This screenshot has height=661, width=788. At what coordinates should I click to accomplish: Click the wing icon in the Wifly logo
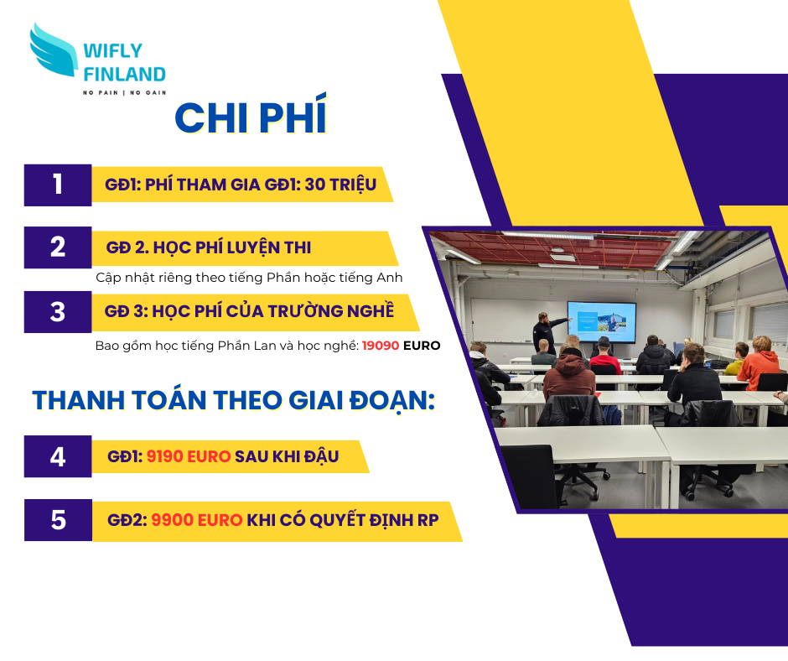(54, 50)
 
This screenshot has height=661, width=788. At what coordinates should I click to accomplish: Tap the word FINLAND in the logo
(124, 75)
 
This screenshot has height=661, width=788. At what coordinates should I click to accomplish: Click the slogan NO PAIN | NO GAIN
(125, 92)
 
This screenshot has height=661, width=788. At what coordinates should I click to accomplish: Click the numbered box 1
(58, 185)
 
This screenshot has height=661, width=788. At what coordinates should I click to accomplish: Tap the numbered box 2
(58, 247)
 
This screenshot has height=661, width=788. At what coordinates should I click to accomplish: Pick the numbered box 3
(58, 312)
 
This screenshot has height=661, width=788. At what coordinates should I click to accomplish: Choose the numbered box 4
(58, 456)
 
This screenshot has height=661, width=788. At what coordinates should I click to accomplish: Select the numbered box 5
(59, 520)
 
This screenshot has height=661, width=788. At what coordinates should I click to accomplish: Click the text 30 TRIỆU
(340, 185)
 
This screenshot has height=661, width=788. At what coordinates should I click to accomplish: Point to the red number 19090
(381, 346)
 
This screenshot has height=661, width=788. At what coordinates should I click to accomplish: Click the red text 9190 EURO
(189, 456)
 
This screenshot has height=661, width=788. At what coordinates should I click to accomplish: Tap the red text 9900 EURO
(197, 519)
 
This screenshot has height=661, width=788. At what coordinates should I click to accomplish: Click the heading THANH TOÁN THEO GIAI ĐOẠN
(234, 401)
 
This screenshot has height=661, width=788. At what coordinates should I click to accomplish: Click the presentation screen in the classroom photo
(602, 322)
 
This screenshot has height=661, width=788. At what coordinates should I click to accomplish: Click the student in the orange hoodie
(758, 363)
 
